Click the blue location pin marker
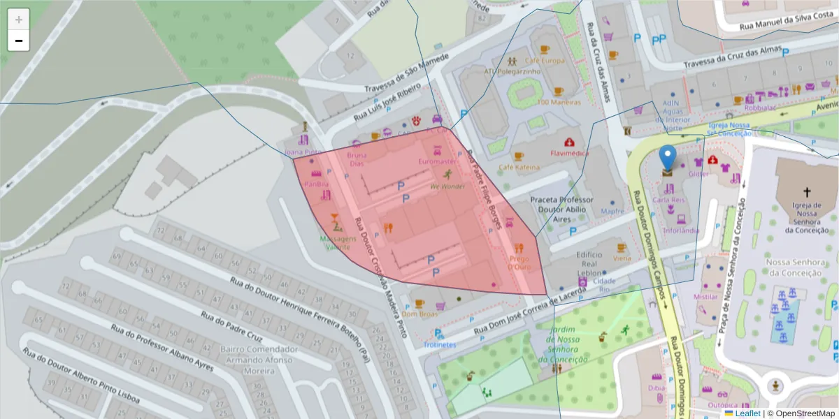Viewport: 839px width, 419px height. pyautogui.click(x=668, y=159)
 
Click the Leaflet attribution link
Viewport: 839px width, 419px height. pyautogui.click(x=747, y=413)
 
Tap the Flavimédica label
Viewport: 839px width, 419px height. pyautogui.click(x=569, y=153)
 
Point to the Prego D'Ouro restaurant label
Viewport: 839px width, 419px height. pyautogui.click(x=519, y=263)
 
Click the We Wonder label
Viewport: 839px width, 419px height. pyautogui.click(x=447, y=186)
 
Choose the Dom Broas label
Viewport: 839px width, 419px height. pyautogui.click(x=419, y=314)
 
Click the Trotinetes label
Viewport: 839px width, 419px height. pyautogui.click(x=440, y=344)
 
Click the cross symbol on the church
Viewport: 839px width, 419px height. pyautogui.click(x=806, y=191)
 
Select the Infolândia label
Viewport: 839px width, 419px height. pyautogui.click(x=680, y=230)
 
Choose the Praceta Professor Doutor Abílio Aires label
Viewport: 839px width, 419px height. pyautogui.click(x=561, y=209)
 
